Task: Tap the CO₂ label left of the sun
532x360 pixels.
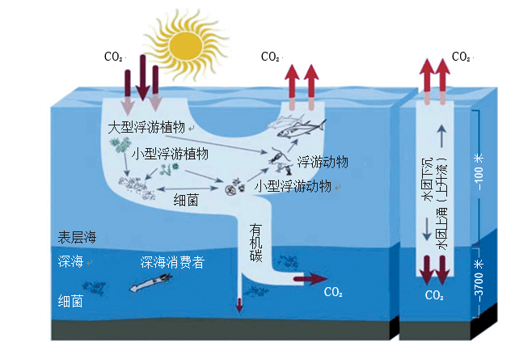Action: (114, 57)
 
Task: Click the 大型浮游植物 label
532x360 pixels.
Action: (146, 129)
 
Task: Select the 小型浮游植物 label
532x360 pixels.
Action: (171, 153)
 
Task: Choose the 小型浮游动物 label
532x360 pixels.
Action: (293, 185)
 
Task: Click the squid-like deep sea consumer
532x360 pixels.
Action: (152, 282)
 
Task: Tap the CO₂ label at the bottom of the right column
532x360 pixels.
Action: (434, 295)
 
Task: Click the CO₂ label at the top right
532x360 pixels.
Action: (462, 57)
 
